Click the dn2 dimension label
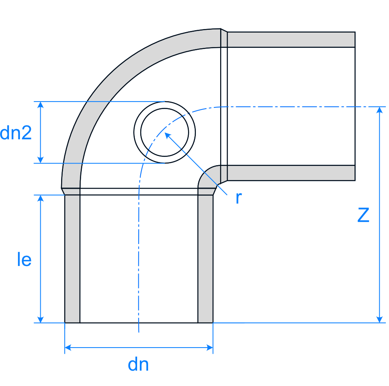tap(16, 133)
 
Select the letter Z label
tap(364, 215)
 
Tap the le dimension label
tap(24, 260)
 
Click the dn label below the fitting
tap(138, 365)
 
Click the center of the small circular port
tap(165, 132)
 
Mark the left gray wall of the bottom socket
tap(72, 259)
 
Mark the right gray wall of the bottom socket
tap(205, 259)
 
